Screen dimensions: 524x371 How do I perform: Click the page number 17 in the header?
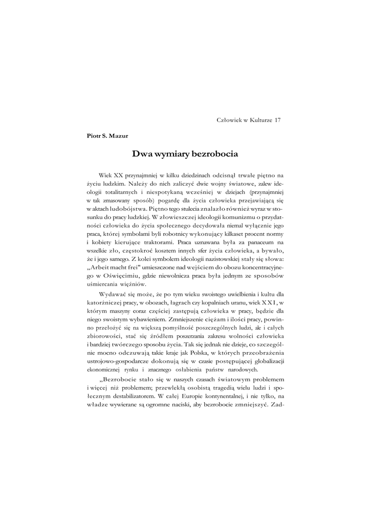[x=278, y=120]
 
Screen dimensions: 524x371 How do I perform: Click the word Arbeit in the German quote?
[x=103, y=267]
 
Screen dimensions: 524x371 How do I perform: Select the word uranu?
[x=220, y=302]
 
